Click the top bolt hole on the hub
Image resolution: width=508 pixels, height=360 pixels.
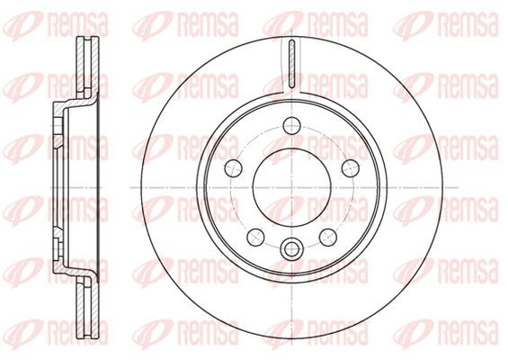pyautogui.click(x=291, y=125)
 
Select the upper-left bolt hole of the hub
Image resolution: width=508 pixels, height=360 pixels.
pyautogui.click(x=233, y=168)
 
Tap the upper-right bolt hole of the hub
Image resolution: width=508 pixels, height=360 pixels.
pyautogui.click(x=351, y=168)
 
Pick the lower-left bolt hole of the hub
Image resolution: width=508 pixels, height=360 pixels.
pyautogui.click(x=255, y=237)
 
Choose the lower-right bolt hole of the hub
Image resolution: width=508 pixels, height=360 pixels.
pyautogui.click(x=328, y=237)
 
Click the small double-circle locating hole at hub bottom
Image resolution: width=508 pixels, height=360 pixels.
pyautogui.click(x=291, y=249)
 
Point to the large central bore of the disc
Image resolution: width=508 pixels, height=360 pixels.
pyautogui.click(x=291, y=187)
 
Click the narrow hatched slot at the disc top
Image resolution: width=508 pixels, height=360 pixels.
pyautogui.click(x=291, y=64)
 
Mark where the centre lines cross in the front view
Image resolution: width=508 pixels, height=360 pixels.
pyautogui.click(x=292, y=187)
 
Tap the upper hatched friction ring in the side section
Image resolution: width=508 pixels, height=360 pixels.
pyautogui.click(x=87, y=67)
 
